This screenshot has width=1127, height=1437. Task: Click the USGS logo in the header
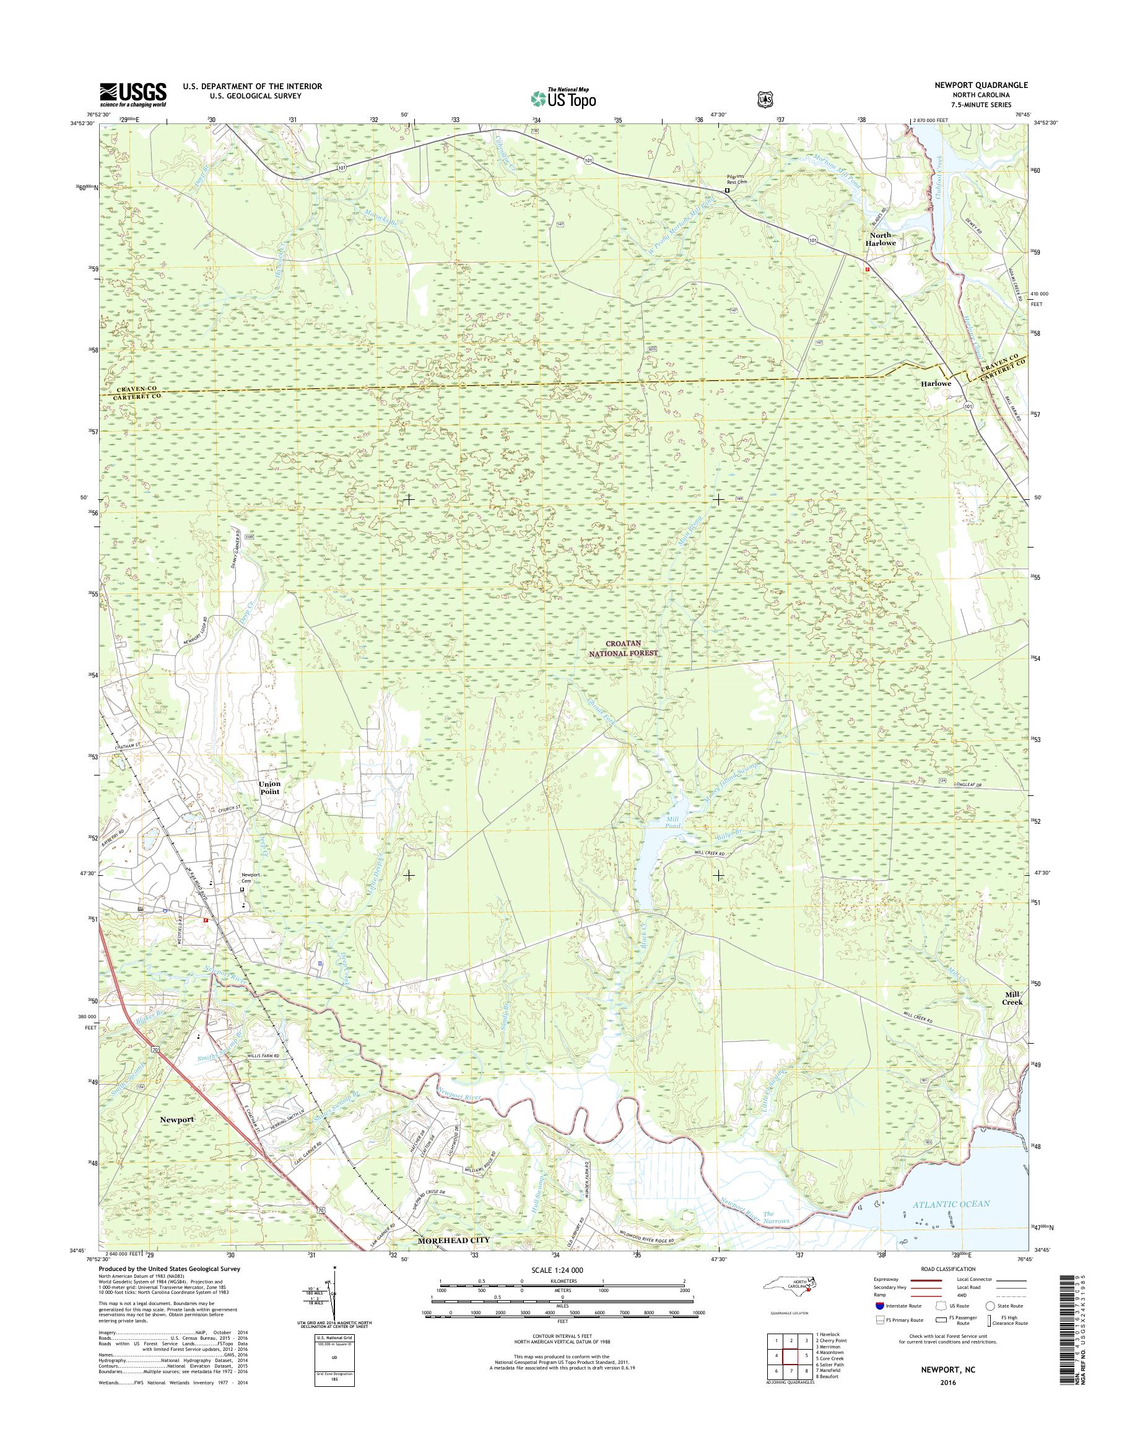[133, 95]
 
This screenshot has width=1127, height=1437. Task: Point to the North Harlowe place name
[879, 239]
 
